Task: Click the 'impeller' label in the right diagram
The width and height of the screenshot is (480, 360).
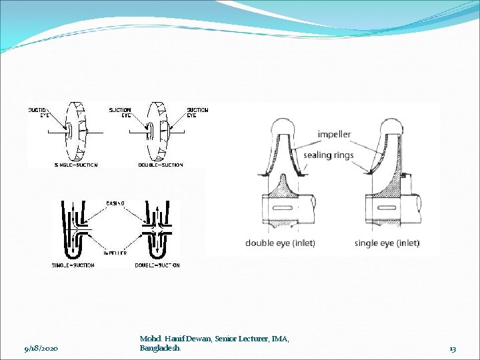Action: pos(334,135)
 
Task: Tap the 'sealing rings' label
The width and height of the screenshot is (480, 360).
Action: pos(328,155)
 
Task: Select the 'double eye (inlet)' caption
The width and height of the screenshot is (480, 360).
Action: pos(280,243)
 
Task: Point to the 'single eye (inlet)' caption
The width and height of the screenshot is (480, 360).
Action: pos(387,243)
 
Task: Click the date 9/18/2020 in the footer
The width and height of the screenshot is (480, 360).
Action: pos(41,349)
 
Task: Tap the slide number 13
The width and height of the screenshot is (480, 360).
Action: pos(453,349)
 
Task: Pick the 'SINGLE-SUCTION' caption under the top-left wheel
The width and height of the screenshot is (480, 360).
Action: pos(75,165)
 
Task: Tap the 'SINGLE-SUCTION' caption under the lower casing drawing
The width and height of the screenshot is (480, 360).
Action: pos(73,265)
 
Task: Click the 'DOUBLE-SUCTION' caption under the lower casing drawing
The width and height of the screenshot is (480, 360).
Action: pos(157,265)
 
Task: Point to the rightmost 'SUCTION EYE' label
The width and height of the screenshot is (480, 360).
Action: pos(197,112)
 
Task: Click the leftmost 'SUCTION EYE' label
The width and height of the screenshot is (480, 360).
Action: pos(38,112)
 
